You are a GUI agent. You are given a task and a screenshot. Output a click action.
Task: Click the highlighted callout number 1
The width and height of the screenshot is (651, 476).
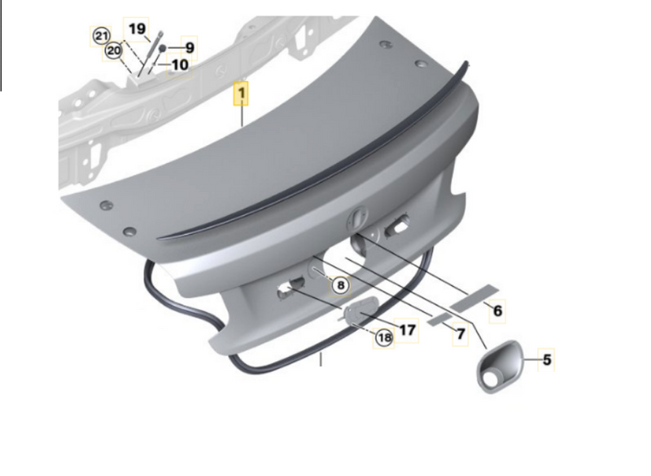241,94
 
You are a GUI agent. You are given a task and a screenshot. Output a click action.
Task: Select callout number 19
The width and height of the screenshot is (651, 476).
137,29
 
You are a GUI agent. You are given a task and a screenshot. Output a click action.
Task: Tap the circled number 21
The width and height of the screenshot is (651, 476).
101,36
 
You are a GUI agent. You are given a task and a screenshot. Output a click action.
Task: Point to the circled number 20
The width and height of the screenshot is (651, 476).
113,51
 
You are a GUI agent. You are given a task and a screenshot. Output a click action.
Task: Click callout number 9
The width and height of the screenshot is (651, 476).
190,48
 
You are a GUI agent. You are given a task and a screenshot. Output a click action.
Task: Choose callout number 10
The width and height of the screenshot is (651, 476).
180,65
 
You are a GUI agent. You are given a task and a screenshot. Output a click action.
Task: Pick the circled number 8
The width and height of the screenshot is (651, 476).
341,285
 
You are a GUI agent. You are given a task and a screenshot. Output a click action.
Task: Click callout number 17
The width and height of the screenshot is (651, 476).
408,330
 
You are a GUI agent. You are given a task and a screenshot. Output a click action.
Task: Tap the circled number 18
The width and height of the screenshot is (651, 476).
384,337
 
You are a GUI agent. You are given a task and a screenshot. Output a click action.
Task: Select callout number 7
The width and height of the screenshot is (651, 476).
460,334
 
